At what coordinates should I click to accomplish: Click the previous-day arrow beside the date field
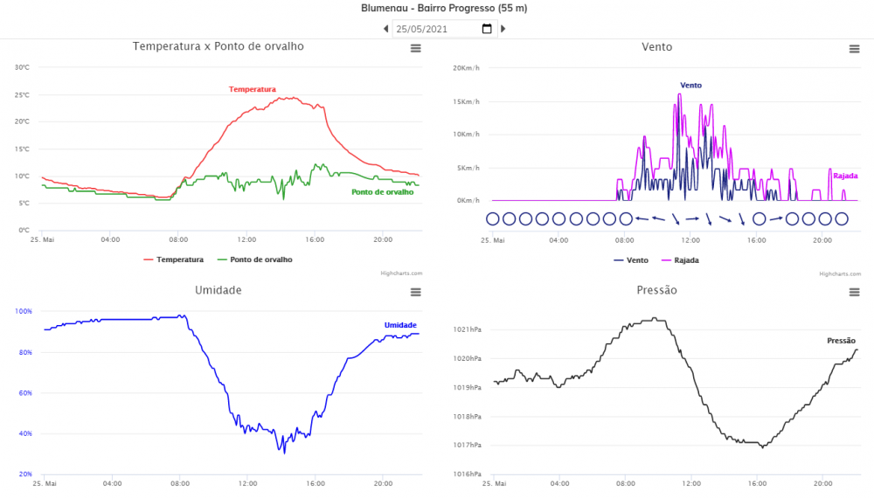[386, 29]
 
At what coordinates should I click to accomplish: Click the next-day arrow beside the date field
[503, 29]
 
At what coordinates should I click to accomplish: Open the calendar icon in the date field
[487, 29]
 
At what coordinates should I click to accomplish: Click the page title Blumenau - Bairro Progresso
[443, 8]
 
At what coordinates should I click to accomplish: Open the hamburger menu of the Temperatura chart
[416, 49]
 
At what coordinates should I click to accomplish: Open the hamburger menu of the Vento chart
[854, 49]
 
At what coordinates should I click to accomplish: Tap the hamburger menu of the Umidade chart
[416, 292]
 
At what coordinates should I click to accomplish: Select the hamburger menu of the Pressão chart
[854, 292]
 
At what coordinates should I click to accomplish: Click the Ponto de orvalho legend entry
[254, 259]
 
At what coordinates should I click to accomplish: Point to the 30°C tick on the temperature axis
[22, 67]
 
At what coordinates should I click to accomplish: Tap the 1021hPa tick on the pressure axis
[468, 329]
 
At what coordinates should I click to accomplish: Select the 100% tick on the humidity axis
[24, 311]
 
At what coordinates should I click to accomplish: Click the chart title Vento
[656, 47]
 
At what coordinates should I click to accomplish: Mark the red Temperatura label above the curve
[253, 89]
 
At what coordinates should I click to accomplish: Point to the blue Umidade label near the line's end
[400, 325]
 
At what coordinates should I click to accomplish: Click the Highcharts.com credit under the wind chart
[839, 273]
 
